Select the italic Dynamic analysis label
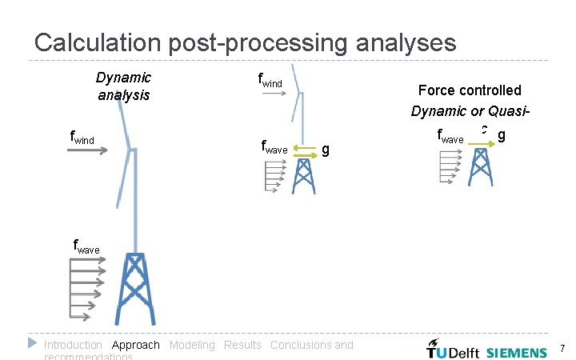pyautogui.click(x=123, y=86)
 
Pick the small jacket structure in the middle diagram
pyautogui.click(x=304, y=176)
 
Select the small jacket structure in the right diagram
pyautogui.click(x=480, y=167)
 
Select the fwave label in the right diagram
pyautogui.click(x=450, y=138)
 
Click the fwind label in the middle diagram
pyautogui.click(x=271, y=79)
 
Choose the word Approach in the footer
pyautogui.click(x=136, y=345)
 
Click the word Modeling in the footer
pyautogui.click(x=192, y=345)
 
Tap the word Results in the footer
pyautogui.click(x=242, y=345)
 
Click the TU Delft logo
pyautogui.click(x=452, y=350)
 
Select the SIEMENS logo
pyautogui.click(x=517, y=350)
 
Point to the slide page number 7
pyautogui.click(x=562, y=349)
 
